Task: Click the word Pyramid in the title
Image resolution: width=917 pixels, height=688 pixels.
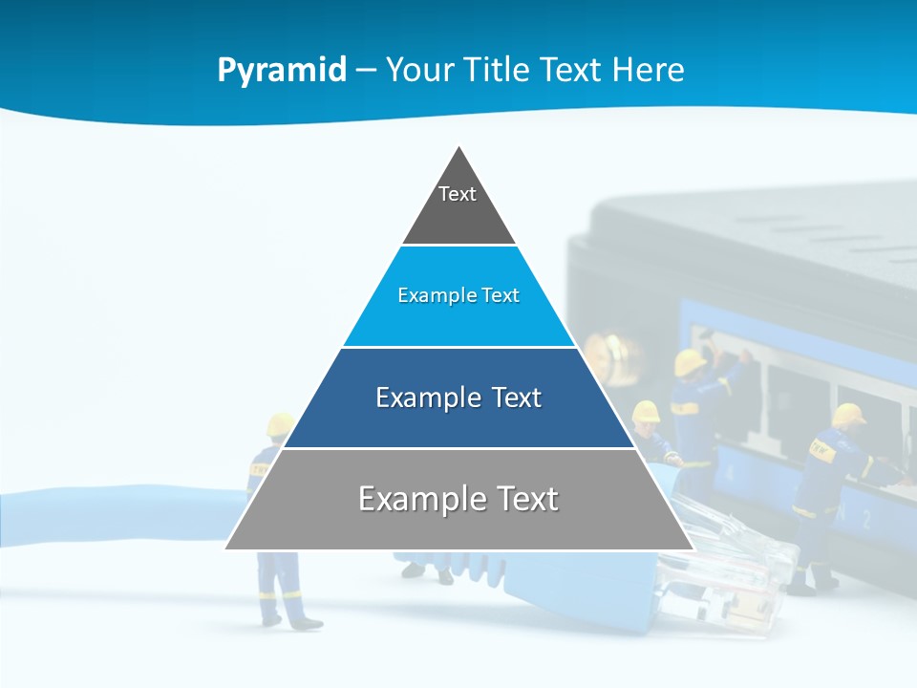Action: click(x=282, y=71)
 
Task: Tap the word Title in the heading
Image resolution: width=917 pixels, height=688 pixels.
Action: click(x=498, y=71)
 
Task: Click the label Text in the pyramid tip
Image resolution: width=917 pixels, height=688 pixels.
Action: click(x=458, y=194)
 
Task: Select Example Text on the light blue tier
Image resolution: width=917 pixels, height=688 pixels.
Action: click(x=458, y=295)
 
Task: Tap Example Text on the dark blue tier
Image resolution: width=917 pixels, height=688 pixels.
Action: click(x=458, y=398)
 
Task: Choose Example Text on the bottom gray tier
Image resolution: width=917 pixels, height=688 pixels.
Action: click(x=458, y=499)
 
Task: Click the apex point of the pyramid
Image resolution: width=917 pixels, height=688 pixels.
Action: click(x=459, y=146)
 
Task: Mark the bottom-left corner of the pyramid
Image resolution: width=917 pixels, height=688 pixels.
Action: click(x=226, y=548)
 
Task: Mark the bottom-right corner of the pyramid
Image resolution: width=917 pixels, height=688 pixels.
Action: click(x=693, y=548)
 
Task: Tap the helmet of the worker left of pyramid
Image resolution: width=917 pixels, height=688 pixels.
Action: click(x=280, y=424)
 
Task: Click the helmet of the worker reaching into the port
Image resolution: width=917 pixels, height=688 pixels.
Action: click(x=690, y=362)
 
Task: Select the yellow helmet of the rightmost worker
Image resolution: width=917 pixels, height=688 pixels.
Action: click(x=847, y=414)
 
